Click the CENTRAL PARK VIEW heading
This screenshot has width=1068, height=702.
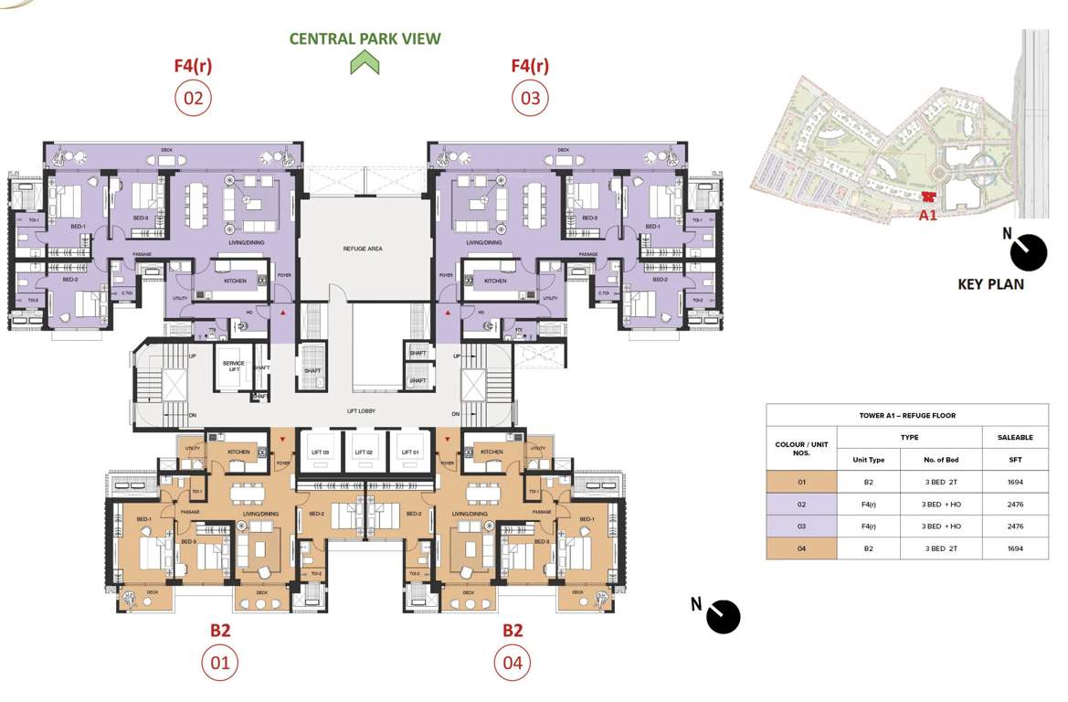pyautogui.click(x=365, y=38)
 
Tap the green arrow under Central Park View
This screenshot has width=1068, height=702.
pyautogui.click(x=365, y=63)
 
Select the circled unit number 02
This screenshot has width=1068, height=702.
pyautogui.click(x=193, y=98)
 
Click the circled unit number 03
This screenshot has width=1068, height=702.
pyautogui.click(x=530, y=98)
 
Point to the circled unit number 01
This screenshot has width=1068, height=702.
pyautogui.click(x=220, y=663)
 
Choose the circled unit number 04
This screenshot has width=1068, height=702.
pyautogui.click(x=513, y=663)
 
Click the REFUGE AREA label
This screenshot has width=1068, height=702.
pyautogui.click(x=363, y=249)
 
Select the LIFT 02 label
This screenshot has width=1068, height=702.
pyautogui.click(x=363, y=452)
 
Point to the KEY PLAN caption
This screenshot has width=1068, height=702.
pyautogui.click(x=990, y=284)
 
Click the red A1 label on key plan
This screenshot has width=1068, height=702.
pyautogui.click(x=927, y=216)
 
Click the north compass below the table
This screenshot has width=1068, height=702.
pyautogui.click(x=723, y=617)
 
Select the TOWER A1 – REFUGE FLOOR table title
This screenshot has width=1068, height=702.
pyautogui.click(x=907, y=415)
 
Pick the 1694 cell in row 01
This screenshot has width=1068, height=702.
pyautogui.click(x=1015, y=482)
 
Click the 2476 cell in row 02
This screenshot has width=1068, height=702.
pyautogui.click(x=1015, y=504)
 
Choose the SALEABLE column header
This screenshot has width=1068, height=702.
pyautogui.click(x=1015, y=438)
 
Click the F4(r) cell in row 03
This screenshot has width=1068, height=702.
pyautogui.click(x=868, y=526)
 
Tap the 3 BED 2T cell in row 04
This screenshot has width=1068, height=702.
pyautogui.click(x=942, y=548)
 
